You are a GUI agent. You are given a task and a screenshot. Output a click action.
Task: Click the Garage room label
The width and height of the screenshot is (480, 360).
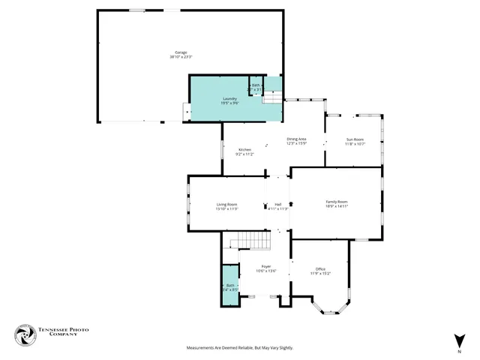tap(181, 52)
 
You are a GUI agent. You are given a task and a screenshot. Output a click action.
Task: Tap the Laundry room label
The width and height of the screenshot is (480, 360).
tap(230, 98)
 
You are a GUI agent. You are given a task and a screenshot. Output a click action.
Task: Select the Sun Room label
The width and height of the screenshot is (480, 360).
tap(355, 139)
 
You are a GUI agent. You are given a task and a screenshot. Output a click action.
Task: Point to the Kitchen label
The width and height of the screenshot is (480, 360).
tap(244, 150)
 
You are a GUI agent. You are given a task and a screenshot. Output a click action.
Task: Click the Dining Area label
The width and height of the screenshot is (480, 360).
tap(296, 139)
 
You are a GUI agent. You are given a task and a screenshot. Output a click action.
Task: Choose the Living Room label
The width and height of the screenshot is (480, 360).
tap(226, 204)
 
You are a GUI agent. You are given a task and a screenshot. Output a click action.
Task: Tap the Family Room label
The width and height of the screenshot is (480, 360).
tap(336, 201)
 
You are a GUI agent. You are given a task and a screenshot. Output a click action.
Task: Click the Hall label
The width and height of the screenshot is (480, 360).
tap(277, 204)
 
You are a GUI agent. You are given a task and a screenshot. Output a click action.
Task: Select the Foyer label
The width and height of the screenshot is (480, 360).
tap(265, 266)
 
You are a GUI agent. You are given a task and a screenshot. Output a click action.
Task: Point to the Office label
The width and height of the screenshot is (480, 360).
tap(319, 269)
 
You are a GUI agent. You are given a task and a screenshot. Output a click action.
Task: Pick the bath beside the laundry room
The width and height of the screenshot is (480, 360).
tap(256, 86)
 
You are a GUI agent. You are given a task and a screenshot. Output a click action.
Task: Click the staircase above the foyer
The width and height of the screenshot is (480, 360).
tap(250, 241)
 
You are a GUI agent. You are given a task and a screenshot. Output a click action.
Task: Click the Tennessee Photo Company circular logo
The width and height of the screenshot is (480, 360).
tap(25, 335)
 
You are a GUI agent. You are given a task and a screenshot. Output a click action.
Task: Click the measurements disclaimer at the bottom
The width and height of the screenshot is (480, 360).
tap(239, 348)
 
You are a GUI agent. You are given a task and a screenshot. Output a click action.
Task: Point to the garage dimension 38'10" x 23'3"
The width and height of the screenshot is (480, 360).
tap(181, 57)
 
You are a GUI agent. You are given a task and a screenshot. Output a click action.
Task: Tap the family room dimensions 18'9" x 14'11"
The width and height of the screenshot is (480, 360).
tap(336, 205)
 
